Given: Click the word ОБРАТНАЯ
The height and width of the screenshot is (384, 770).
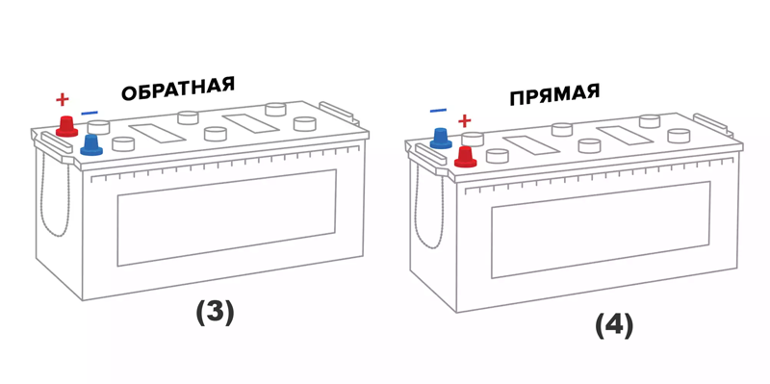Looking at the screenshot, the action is [x=178, y=89].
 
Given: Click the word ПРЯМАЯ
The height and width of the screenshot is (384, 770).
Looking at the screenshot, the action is [x=554, y=94].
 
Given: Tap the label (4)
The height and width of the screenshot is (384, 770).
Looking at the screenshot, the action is [x=614, y=326].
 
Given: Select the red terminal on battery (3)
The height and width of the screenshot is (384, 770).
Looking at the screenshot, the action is [x=66, y=126].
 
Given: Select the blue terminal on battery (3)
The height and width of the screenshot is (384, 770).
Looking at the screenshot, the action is [x=91, y=145].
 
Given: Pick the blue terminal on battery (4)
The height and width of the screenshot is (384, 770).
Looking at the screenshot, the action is [x=441, y=138].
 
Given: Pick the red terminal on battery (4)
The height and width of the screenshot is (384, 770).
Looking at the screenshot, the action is [x=465, y=157].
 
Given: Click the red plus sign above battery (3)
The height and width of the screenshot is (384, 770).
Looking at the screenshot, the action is [x=62, y=100].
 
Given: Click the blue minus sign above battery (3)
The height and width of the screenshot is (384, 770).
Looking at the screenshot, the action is [x=90, y=114].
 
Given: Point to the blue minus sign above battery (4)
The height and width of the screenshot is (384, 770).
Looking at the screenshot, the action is [x=438, y=111].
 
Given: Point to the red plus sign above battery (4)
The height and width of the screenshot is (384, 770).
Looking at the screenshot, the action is [x=464, y=120].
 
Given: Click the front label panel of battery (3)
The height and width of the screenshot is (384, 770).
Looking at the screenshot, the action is [x=227, y=218].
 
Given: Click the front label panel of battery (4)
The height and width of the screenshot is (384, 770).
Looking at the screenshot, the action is [x=601, y=230].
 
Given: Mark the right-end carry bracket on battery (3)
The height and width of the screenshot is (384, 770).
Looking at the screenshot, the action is [x=339, y=113].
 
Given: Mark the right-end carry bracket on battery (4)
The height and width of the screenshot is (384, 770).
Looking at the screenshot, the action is [x=713, y=125].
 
